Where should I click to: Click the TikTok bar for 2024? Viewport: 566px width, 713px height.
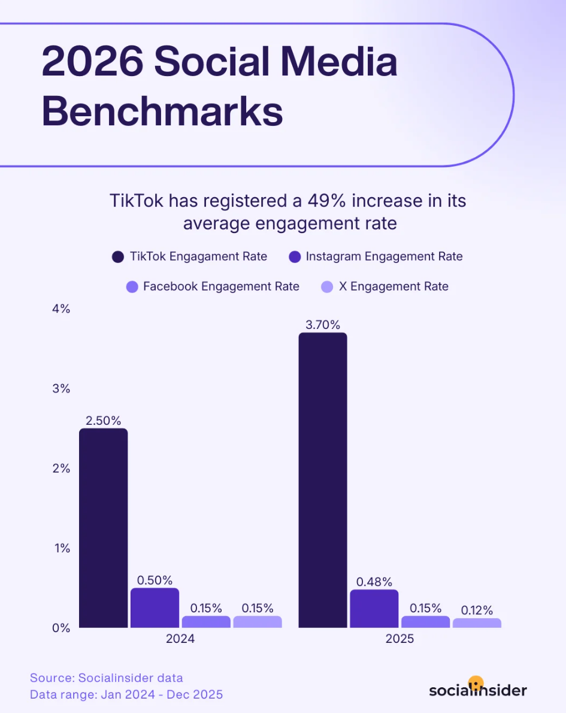103,527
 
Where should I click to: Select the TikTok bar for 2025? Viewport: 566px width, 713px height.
322,479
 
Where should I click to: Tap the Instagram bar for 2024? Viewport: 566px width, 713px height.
155,608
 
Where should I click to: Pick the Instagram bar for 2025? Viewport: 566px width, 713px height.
374,608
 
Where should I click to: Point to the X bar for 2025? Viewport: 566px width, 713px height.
477,623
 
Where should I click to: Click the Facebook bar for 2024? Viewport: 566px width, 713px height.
206,622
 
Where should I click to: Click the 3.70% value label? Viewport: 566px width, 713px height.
322,325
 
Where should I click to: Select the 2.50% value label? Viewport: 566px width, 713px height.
103,420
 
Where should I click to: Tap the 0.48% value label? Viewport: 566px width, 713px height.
374,581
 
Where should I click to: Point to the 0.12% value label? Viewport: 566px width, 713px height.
477,610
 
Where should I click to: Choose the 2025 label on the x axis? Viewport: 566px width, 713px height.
399,639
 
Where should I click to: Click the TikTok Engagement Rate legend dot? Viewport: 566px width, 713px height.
118,257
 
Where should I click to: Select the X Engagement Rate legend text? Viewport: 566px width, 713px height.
394,286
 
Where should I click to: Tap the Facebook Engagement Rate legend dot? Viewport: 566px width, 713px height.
132,287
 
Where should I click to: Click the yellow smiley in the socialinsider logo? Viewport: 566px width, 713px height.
476,683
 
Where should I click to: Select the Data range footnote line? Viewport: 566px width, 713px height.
126,694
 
